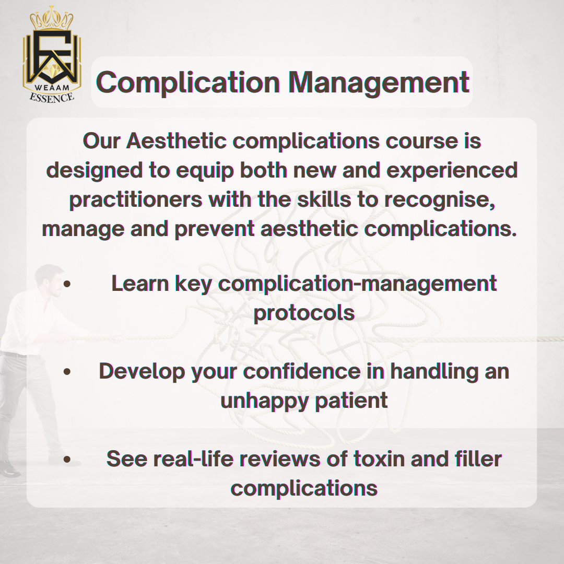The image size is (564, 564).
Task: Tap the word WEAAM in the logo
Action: (x=52, y=87)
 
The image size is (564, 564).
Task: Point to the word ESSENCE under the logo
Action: (x=52, y=98)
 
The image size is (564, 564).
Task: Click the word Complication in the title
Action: (x=188, y=83)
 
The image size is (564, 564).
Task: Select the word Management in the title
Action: (x=379, y=83)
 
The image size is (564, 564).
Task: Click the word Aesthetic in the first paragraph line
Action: (x=177, y=140)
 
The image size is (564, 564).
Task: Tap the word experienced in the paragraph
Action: (x=452, y=170)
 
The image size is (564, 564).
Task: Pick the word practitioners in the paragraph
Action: (x=136, y=199)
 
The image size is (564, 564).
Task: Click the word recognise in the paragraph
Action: (x=440, y=200)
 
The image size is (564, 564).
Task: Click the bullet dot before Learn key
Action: (x=67, y=284)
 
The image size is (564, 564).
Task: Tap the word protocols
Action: (x=304, y=313)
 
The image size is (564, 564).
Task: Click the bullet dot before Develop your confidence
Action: (x=67, y=371)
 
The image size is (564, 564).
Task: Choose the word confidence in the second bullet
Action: (x=302, y=371)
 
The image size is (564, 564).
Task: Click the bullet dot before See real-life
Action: (x=67, y=459)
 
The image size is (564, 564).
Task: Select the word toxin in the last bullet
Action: (x=379, y=459)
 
